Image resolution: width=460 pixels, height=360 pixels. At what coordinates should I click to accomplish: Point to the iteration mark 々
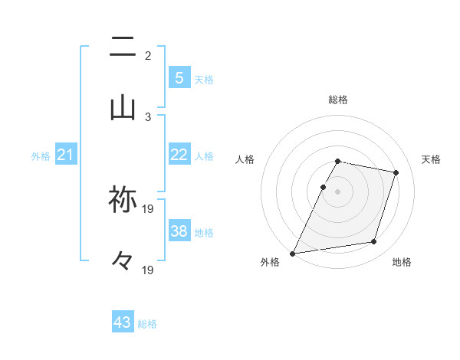click(x=123, y=261)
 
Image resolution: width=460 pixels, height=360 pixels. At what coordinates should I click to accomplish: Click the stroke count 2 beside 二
click(x=148, y=56)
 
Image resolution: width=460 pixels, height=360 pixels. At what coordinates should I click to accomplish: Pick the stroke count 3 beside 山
click(x=148, y=117)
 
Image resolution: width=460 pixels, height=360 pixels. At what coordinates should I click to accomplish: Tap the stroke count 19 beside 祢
click(x=148, y=208)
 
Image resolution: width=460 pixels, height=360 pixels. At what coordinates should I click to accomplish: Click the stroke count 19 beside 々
click(x=148, y=270)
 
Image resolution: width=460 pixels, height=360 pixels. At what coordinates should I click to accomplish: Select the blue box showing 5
click(x=179, y=77)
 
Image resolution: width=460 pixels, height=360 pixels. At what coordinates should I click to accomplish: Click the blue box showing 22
click(x=179, y=154)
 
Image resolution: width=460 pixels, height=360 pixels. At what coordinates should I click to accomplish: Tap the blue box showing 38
click(x=179, y=231)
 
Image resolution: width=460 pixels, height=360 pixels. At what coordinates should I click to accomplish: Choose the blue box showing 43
click(x=123, y=322)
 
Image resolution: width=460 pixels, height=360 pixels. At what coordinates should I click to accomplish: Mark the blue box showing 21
click(x=66, y=155)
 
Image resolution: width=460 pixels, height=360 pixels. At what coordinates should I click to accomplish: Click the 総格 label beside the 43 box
click(x=147, y=324)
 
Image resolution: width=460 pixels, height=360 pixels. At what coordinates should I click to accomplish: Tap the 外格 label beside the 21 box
click(x=41, y=156)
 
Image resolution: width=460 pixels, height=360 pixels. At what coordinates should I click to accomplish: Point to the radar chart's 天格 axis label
click(x=431, y=159)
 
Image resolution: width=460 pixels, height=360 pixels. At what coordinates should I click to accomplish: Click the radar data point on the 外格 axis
click(x=293, y=253)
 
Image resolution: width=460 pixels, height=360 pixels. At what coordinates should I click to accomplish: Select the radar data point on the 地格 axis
click(x=374, y=242)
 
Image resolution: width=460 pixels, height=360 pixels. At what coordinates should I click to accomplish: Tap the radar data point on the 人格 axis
click(x=323, y=187)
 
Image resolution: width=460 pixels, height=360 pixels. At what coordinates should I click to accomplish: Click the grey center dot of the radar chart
click(x=337, y=191)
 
